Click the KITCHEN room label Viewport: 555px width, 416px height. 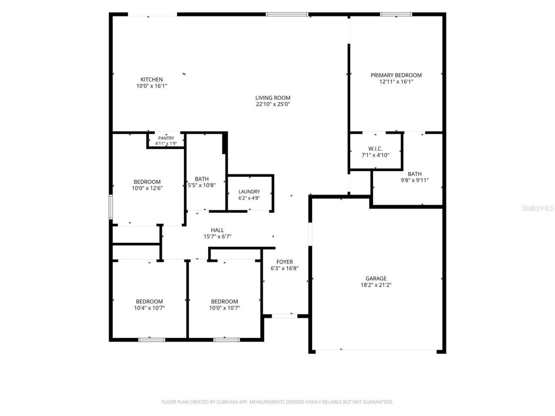click(151, 79)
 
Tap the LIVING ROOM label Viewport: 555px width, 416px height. click(273, 98)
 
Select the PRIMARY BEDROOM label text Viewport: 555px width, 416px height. click(396, 75)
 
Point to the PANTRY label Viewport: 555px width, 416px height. click(166, 138)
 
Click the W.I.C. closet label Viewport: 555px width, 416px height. click(375, 149)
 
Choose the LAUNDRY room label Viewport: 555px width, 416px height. click(249, 192)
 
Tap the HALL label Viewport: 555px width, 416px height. click(217, 230)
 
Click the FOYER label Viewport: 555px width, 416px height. click(284, 262)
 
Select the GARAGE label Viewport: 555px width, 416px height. click(376, 278)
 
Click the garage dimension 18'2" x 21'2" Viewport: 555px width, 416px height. click(376, 285)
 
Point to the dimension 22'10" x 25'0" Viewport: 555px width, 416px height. click(273, 104)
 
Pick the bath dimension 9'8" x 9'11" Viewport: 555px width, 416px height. click(415, 180)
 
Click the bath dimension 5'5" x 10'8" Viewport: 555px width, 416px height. click(202, 185)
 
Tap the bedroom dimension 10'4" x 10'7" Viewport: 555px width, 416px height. click(149, 308)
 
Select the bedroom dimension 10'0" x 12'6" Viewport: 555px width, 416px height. click(147, 188)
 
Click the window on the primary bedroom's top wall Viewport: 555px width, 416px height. click(396, 14)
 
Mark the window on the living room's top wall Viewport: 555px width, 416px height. click(287, 14)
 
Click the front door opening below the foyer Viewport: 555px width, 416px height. click(284, 316)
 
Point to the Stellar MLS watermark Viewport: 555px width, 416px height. click(537, 208)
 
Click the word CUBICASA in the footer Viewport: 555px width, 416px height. click(226, 402)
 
